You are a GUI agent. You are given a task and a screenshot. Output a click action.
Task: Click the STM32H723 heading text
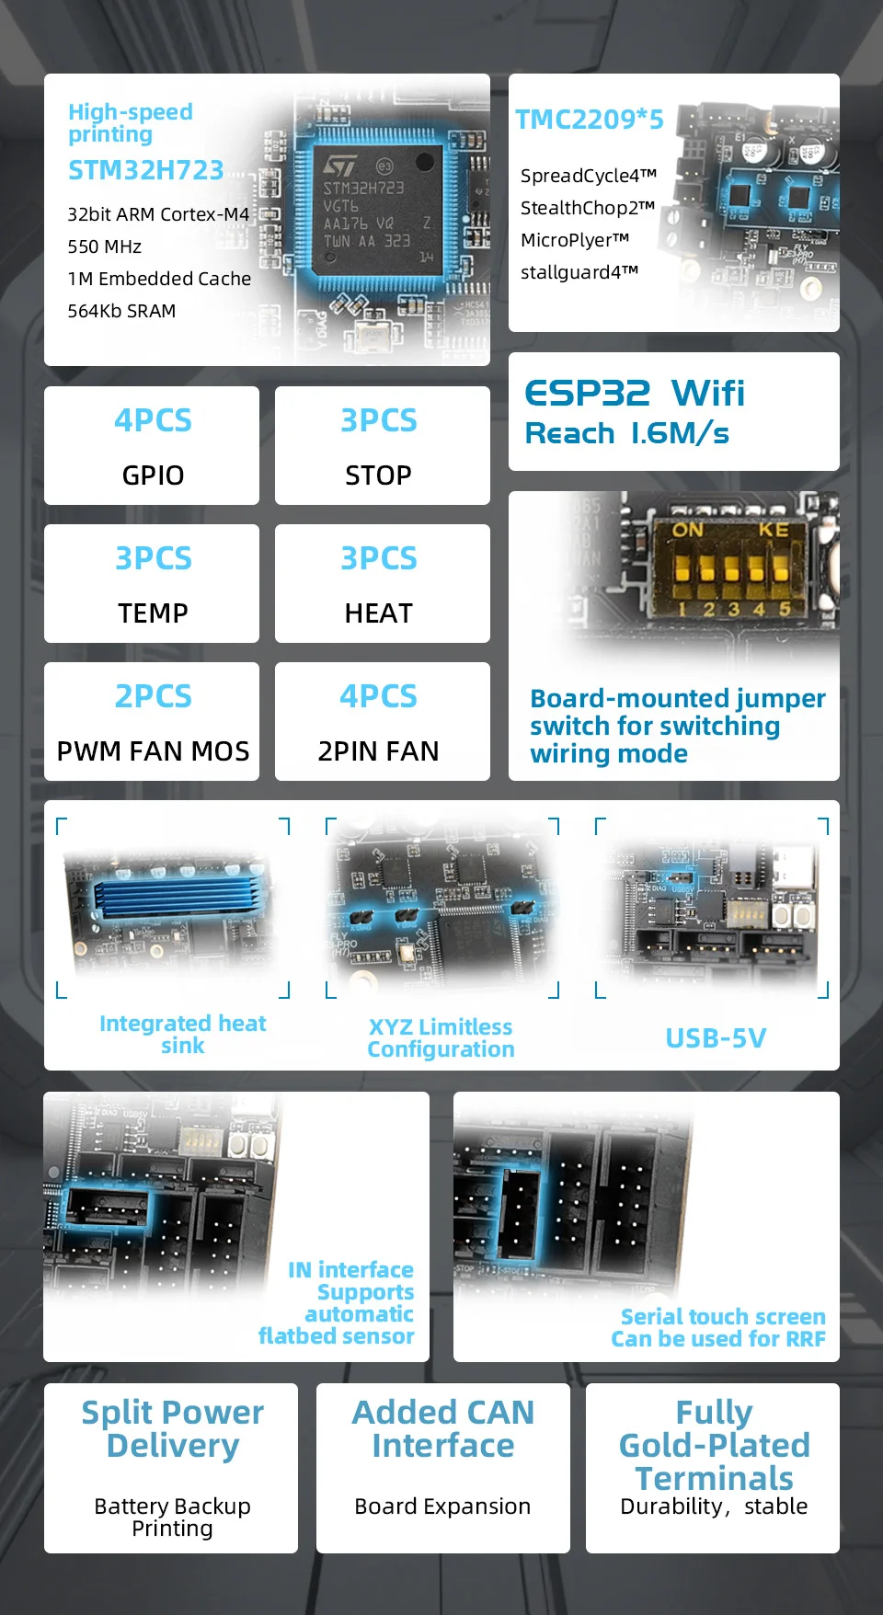[x=145, y=170]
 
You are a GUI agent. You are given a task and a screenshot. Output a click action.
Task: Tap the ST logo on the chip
[x=339, y=166]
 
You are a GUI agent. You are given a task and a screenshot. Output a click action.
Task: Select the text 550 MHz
[x=104, y=246]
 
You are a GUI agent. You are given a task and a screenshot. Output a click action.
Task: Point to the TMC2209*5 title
[x=589, y=120]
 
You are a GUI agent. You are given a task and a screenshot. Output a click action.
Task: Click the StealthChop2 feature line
[x=588, y=208]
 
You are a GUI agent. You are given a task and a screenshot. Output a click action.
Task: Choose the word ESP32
[x=587, y=394]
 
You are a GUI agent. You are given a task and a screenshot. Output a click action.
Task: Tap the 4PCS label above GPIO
[x=153, y=420]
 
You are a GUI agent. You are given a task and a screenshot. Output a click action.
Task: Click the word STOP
[x=378, y=475]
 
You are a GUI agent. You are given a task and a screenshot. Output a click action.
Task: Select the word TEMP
[x=153, y=613]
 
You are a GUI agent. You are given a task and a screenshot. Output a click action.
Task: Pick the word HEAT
[x=378, y=613]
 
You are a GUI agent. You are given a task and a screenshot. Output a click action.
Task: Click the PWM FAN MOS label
[x=153, y=751]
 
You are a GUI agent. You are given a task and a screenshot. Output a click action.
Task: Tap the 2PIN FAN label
[x=378, y=751]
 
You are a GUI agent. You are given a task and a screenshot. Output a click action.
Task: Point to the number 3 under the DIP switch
[x=733, y=610]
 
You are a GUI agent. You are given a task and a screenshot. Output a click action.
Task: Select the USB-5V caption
[x=716, y=1038]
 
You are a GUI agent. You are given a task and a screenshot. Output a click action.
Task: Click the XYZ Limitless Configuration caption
[x=441, y=1038]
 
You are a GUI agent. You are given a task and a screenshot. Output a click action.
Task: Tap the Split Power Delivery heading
[x=172, y=1428]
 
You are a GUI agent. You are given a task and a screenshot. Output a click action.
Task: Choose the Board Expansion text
[x=442, y=1506]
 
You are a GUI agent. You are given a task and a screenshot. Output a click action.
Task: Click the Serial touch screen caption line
[x=723, y=1317]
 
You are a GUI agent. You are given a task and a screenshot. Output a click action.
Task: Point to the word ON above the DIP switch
[x=687, y=530]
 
